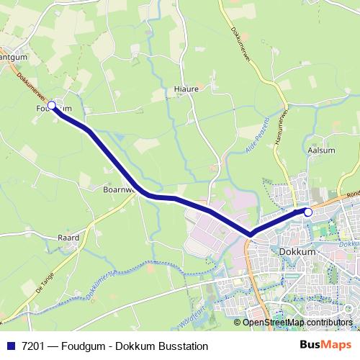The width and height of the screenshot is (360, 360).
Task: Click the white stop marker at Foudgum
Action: [x=51, y=105]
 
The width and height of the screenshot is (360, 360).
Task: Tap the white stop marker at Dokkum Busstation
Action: [x=308, y=212]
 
